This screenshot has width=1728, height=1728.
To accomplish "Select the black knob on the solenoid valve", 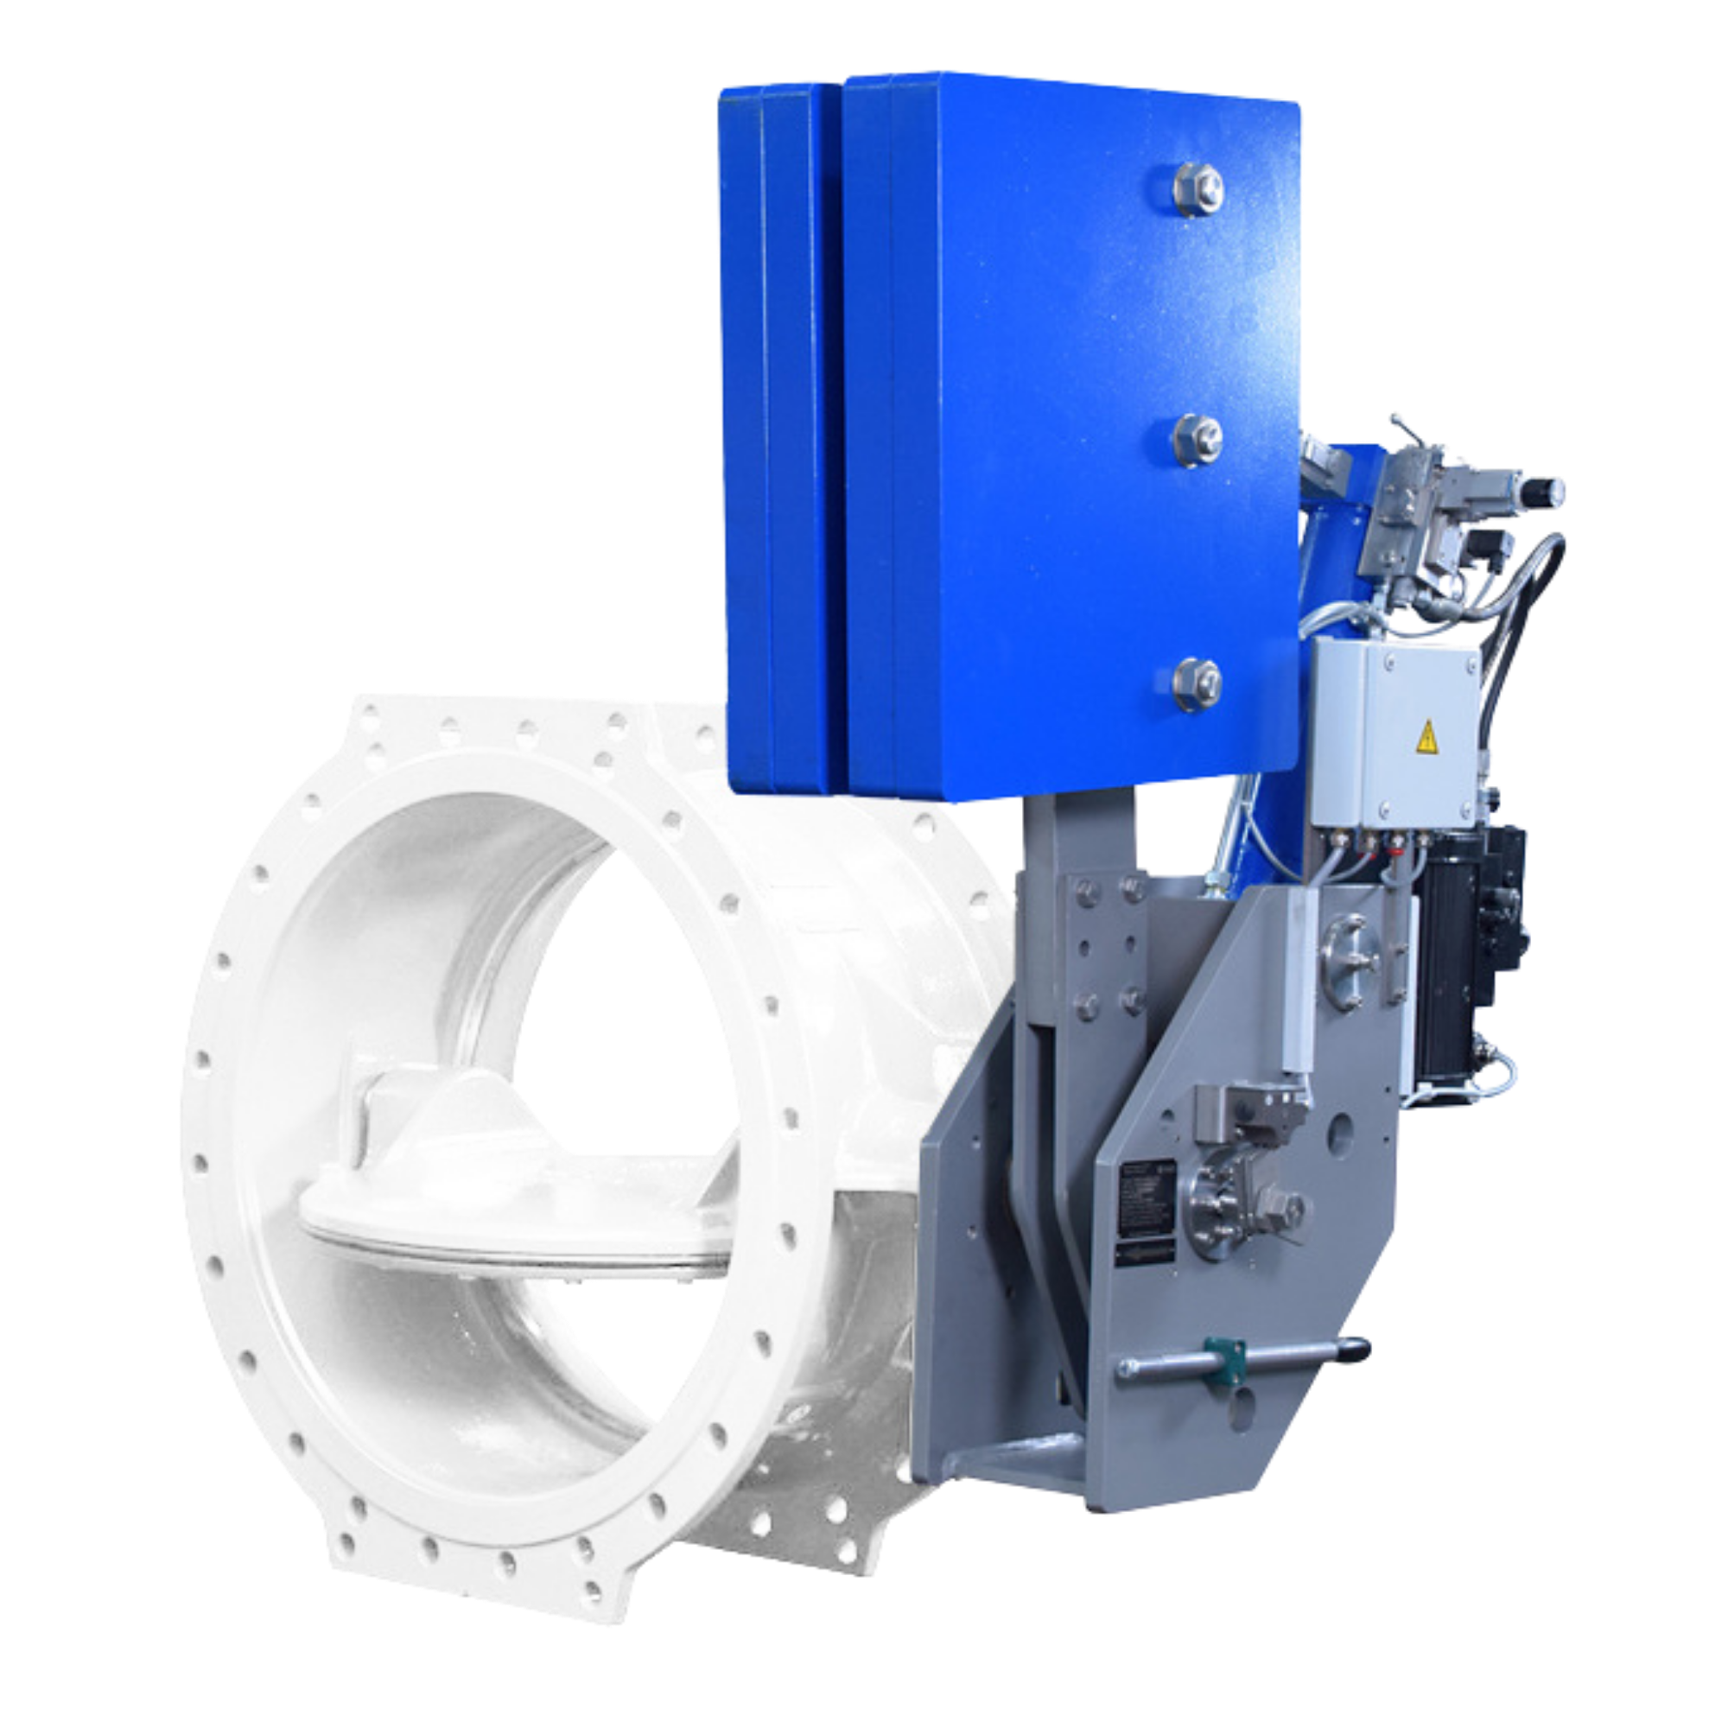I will coord(1555,489).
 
